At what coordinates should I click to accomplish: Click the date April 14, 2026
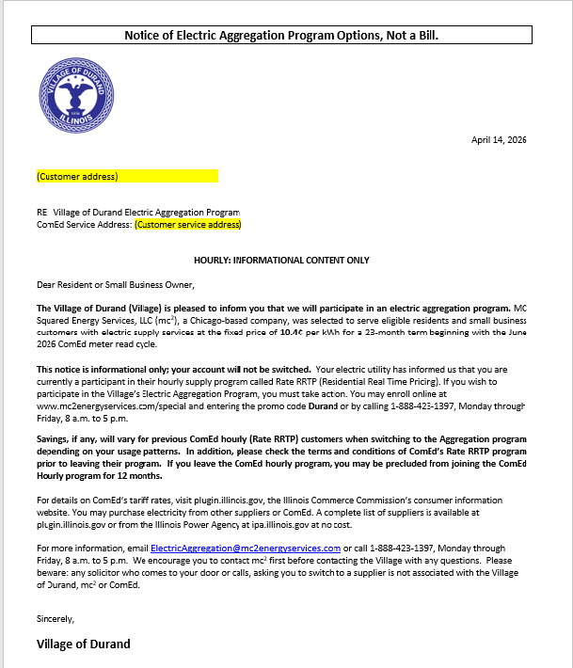[x=498, y=140]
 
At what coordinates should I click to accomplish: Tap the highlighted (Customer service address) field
[x=188, y=225]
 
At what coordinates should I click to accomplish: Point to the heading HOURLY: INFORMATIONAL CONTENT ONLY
[x=281, y=260]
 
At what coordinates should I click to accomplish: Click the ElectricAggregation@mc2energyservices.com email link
[x=246, y=548]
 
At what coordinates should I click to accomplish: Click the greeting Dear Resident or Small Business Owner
[x=115, y=284]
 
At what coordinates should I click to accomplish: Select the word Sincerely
[x=55, y=619]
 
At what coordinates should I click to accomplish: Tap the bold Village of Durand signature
[x=83, y=644]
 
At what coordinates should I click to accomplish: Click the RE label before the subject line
[x=41, y=213]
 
